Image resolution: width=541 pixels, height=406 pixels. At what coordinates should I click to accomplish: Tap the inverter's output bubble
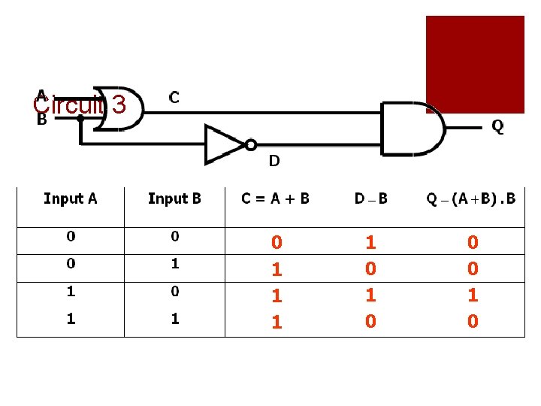tap(251, 144)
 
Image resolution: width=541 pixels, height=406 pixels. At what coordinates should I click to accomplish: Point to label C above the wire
tap(174, 97)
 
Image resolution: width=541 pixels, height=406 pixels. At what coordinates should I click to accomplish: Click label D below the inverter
tap(274, 160)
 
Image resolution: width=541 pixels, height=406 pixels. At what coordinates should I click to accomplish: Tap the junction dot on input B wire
tap(80, 118)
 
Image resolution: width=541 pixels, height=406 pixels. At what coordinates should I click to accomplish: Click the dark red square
tap(475, 64)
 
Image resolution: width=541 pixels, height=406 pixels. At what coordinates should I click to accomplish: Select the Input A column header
tap(70, 198)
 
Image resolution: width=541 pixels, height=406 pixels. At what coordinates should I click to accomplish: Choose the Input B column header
tap(174, 198)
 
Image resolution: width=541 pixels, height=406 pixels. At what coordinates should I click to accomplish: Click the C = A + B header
tap(275, 198)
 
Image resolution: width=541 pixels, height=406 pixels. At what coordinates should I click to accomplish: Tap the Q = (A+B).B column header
tap(471, 198)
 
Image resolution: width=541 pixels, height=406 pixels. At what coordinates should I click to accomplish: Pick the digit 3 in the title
tap(118, 105)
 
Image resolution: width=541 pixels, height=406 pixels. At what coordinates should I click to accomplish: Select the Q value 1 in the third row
tap(473, 295)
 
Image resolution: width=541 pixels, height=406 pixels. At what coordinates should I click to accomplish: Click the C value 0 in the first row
tap(277, 243)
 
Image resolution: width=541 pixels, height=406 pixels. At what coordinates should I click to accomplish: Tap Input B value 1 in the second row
tap(175, 264)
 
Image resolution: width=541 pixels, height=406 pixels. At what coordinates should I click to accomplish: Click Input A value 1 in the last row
tap(71, 319)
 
